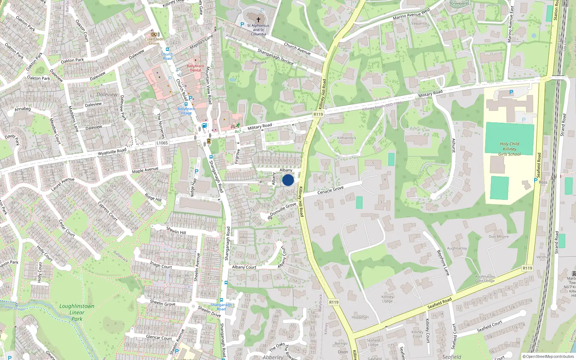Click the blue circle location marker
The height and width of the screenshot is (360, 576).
tap(288, 180)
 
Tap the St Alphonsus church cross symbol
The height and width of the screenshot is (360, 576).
tap(258, 20)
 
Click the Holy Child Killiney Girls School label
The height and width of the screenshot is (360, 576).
tap(509, 149)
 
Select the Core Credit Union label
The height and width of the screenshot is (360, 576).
tap(154, 41)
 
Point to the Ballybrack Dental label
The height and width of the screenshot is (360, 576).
tap(195, 68)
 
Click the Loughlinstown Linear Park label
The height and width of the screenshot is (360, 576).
tap(77, 312)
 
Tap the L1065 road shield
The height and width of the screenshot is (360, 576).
tap(162, 143)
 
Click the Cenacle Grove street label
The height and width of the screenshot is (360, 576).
tap(330, 190)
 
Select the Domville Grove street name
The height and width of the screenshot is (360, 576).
tap(283, 209)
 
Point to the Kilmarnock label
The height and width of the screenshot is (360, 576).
tap(347, 138)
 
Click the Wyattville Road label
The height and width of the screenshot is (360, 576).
tap(112, 152)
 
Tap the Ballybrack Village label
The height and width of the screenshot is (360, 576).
tap(186, 111)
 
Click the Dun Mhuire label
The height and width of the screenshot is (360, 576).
tap(499, 237)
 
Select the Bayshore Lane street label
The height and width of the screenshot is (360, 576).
tap(443, 263)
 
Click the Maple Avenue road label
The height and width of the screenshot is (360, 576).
tap(145, 170)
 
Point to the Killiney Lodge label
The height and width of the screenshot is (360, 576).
tap(387, 299)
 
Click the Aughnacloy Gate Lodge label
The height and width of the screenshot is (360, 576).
tap(485, 279)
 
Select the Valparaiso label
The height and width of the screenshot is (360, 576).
tap(419, 23)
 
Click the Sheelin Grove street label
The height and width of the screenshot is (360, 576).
tap(163, 303)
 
